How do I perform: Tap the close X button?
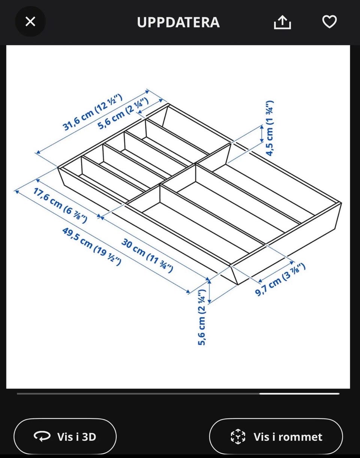tap(30, 21)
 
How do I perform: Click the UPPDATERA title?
tap(178, 22)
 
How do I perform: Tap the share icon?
tap(282, 22)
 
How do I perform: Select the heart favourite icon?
tap(329, 21)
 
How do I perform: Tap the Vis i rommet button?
tap(276, 437)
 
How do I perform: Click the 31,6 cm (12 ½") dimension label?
tap(93, 112)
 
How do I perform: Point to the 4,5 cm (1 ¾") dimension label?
tap(270, 128)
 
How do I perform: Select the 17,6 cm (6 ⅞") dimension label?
tap(60, 205)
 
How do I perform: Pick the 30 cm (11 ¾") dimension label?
tap(147, 256)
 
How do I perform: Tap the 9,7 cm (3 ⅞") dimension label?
tap(280, 280)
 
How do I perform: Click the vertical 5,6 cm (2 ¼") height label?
tap(202, 317)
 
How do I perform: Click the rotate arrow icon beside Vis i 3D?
tap(42, 436)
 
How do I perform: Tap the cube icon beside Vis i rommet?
tap(238, 436)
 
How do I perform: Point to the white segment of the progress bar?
tap(300, 394)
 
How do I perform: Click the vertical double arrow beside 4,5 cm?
tap(262, 134)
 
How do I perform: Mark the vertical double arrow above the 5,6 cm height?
tap(209, 291)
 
